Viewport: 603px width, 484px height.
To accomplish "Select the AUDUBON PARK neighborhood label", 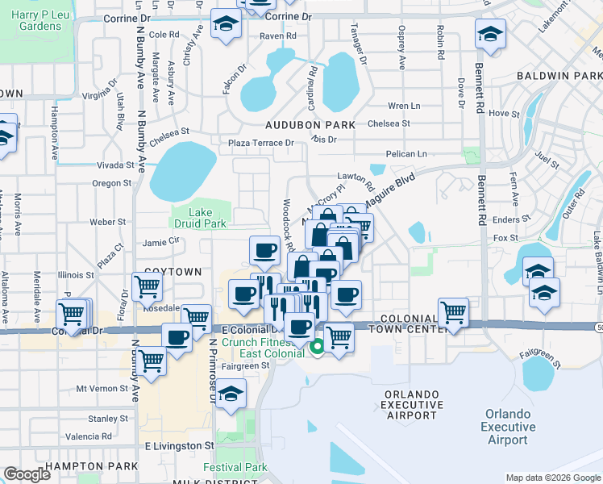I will (x=310, y=125).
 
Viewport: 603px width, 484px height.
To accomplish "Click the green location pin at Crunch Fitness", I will (x=318, y=348).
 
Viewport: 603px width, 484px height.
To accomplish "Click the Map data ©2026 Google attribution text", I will (x=553, y=478).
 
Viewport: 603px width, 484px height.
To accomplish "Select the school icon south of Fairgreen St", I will (x=231, y=394).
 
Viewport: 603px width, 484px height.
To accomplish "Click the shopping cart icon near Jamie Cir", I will (x=146, y=286).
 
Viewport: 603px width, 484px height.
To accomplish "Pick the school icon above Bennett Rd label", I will (x=490, y=35).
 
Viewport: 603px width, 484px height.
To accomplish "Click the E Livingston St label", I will (x=179, y=445).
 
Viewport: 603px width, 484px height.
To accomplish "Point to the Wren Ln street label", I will (x=404, y=106).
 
